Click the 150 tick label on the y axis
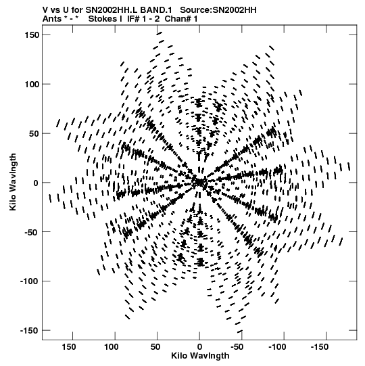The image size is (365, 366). (32, 35)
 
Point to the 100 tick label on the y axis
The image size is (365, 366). (32, 84)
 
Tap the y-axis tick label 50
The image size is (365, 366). (34, 133)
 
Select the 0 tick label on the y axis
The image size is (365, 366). (36, 183)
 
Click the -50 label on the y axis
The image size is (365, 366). (32, 232)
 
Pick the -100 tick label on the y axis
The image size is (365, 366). (30, 281)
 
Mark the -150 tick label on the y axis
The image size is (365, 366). (30, 331)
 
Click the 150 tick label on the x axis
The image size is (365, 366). (69, 347)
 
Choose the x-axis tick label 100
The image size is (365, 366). (111, 347)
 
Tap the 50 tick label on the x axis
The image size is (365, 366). (155, 347)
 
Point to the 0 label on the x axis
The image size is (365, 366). (199, 347)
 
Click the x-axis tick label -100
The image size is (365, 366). (277, 347)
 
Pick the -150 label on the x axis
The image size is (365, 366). (320, 347)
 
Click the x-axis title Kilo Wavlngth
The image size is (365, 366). (200, 356)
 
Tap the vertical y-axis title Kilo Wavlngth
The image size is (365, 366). (13, 182)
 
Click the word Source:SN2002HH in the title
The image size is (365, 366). (218, 10)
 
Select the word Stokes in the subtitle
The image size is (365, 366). (105, 19)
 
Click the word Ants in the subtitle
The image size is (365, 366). (52, 19)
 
